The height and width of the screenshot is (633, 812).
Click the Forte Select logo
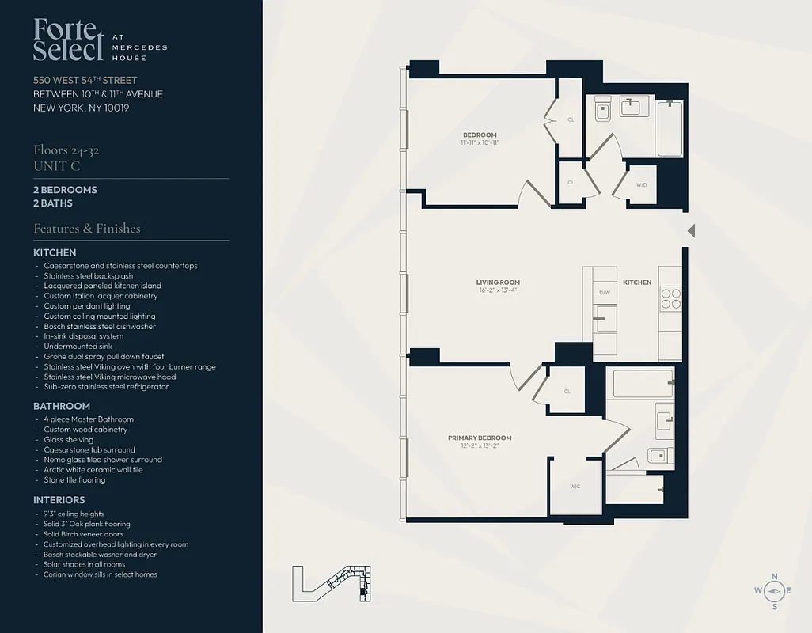[69, 40]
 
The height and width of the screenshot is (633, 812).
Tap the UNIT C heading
[57, 166]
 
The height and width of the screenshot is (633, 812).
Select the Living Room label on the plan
[498, 282]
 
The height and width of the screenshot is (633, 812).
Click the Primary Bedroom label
[480, 438]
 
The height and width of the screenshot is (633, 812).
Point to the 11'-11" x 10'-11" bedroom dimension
[480, 143]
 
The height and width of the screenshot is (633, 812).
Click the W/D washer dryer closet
[641, 185]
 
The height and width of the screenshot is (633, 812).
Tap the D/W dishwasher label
[605, 293]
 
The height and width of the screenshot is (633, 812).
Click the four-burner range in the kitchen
[670, 298]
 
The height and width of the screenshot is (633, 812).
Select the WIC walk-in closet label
[575, 487]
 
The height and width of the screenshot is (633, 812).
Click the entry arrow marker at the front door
[691, 231]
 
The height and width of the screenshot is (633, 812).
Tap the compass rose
[774, 591]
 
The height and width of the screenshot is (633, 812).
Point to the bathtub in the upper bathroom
[670, 128]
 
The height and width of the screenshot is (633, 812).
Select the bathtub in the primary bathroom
[643, 384]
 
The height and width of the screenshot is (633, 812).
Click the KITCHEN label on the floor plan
[637, 282]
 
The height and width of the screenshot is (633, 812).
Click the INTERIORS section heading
[59, 500]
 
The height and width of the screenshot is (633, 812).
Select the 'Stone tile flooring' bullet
[74, 479]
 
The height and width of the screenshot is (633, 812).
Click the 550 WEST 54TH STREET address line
[85, 80]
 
